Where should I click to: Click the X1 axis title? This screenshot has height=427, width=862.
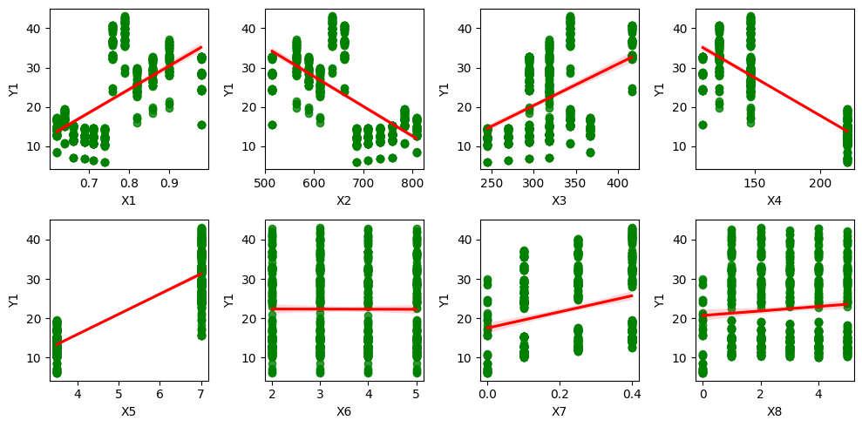(128, 201)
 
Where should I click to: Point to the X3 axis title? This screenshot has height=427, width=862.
(559, 201)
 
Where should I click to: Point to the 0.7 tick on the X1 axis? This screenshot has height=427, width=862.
(88, 184)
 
